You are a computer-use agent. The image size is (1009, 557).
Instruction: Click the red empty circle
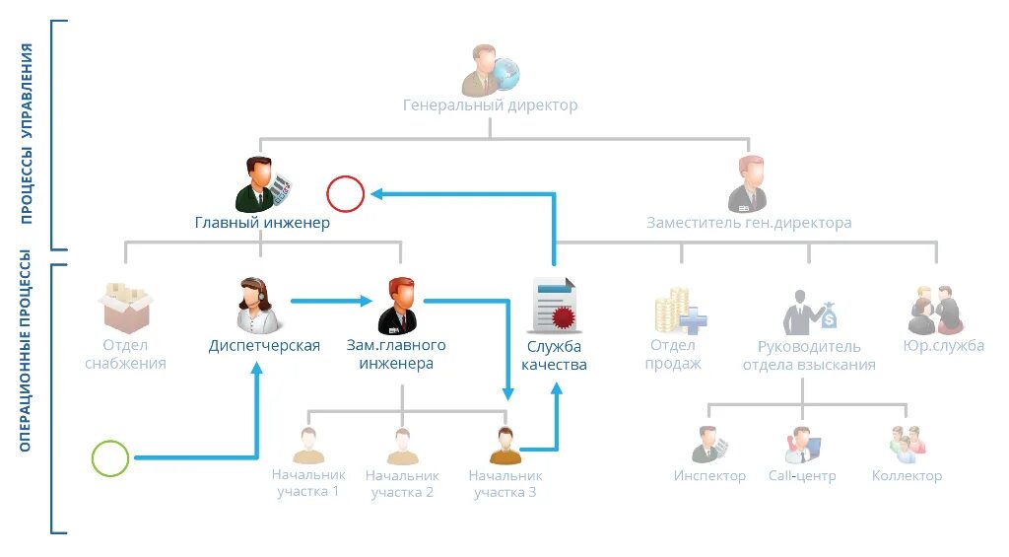(346, 194)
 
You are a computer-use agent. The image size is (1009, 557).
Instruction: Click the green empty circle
(110, 457)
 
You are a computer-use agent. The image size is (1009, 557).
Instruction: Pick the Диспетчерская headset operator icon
(258, 306)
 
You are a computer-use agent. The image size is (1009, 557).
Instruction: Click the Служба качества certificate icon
(554, 306)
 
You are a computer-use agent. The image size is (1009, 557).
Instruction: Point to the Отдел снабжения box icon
(125, 307)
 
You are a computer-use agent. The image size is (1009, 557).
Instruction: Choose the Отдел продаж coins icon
(678, 309)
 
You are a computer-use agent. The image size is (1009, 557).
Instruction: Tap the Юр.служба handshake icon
(933, 310)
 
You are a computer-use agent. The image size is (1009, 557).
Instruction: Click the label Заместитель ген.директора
(749, 223)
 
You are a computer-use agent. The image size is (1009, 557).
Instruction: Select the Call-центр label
(802, 476)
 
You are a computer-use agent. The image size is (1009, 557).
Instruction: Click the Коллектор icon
(907, 445)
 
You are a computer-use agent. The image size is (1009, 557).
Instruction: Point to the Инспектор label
(709, 476)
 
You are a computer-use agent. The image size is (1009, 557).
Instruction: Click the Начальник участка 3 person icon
(504, 446)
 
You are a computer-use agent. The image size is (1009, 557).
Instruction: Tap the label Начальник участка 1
(308, 483)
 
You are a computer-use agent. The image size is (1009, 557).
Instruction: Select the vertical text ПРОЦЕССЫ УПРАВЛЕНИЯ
(28, 133)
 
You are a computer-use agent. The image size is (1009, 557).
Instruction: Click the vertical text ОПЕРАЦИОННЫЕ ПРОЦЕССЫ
(28, 351)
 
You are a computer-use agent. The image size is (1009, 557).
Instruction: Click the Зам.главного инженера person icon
(397, 306)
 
